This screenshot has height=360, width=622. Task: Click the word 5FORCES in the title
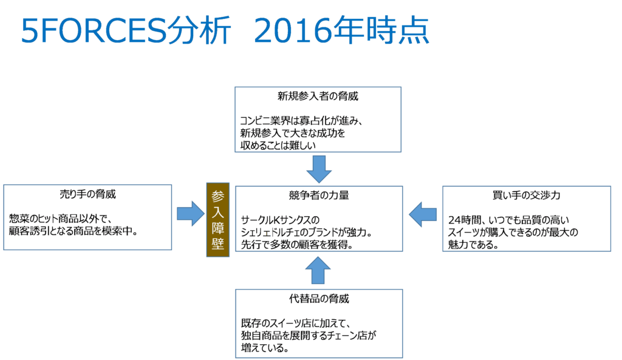[x=94, y=30]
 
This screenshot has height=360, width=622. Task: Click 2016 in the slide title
[x=293, y=30]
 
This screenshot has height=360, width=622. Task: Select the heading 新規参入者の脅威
[x=318, y=96]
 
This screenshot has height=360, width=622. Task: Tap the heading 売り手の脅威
[x=87, y=194]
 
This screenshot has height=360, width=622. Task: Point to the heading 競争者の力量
[x=319, y=195]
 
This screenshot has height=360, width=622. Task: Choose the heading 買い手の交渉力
[x=527, y=195]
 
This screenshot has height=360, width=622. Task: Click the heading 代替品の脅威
[x=319, y=299]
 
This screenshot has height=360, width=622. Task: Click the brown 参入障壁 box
[x=218, y=220]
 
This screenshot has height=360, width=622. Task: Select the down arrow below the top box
[x=319, y=169]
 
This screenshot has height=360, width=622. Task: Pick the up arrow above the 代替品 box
[x=318, y=270]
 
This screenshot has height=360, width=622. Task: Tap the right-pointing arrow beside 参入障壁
[x=191, y=214]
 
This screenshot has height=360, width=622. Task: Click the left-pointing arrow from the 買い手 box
[x=423, y=214]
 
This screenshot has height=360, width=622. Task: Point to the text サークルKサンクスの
[x=280, y=220]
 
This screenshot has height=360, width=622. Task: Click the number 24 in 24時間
[x=454, y=220]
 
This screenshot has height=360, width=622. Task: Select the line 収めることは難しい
[x=278, y=146]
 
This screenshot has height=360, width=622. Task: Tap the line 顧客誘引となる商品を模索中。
[x=73, y=231]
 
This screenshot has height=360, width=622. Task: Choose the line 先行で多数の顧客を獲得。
[x=297, y=245]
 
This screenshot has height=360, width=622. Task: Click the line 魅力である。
[x=473, y=245]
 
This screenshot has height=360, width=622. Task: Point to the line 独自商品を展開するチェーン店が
[x=309, y=336]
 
